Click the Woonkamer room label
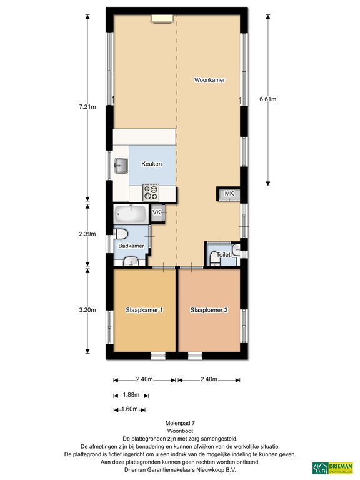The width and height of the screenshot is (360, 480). pos(210,80)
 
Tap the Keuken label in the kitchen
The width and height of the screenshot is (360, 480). pos(151,164)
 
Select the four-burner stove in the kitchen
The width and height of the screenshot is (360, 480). pos(151,192)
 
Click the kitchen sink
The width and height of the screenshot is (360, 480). pos(121,166)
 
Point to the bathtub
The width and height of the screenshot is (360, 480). pos(131,214)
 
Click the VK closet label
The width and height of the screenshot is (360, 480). pos(157,212)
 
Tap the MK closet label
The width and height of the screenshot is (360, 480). pos(229,193)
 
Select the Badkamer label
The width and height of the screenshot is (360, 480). pos(131,246)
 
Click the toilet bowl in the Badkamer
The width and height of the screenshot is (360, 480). pos(121,234)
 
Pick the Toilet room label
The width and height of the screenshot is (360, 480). pos(224,255)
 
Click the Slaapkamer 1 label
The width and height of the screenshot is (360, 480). pos(144,310)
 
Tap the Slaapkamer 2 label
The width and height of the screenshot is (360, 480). pos(209,310)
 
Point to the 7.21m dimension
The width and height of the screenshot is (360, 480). pos(87,107)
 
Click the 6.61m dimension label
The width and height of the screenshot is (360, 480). pos(268,99)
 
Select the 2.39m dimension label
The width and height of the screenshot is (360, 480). pos(87,234)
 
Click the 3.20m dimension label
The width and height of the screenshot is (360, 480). pos(87,310)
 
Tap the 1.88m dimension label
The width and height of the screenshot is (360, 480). pos(131,395)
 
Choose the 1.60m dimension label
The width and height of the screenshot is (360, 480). pos(129,409)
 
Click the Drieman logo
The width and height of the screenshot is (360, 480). pos(332,468)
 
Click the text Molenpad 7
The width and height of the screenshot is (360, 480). pos(180,423)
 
